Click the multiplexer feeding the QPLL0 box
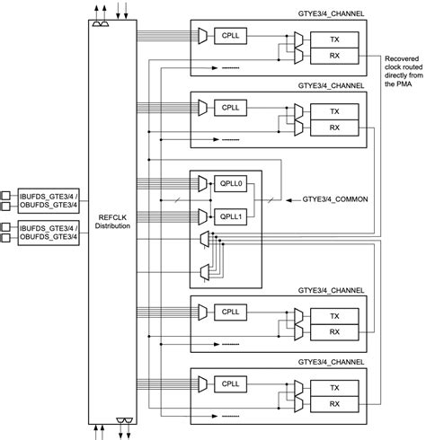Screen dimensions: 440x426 (x=205, y=187)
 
